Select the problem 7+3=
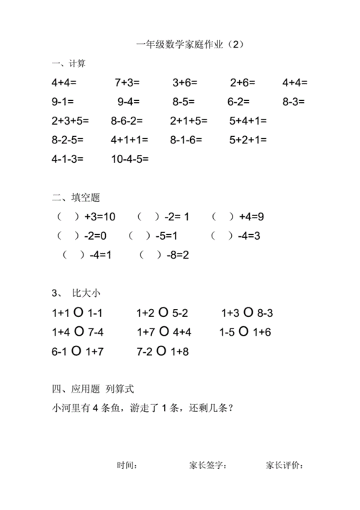(x=127, y=83)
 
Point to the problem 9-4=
(x=129, y=102)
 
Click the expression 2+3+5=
(x=71, y=120)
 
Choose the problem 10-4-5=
(x=130, y=158)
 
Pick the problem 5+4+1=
(x=248, y=120)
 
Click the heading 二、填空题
(x=75, y=197)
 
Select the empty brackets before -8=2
(x=150, y=254)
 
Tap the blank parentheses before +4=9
(x=222, y=216)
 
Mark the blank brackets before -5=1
(x=139, y=235)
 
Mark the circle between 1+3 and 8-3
(x=248, y=313)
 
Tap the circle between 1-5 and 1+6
(x=243, y=332)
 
